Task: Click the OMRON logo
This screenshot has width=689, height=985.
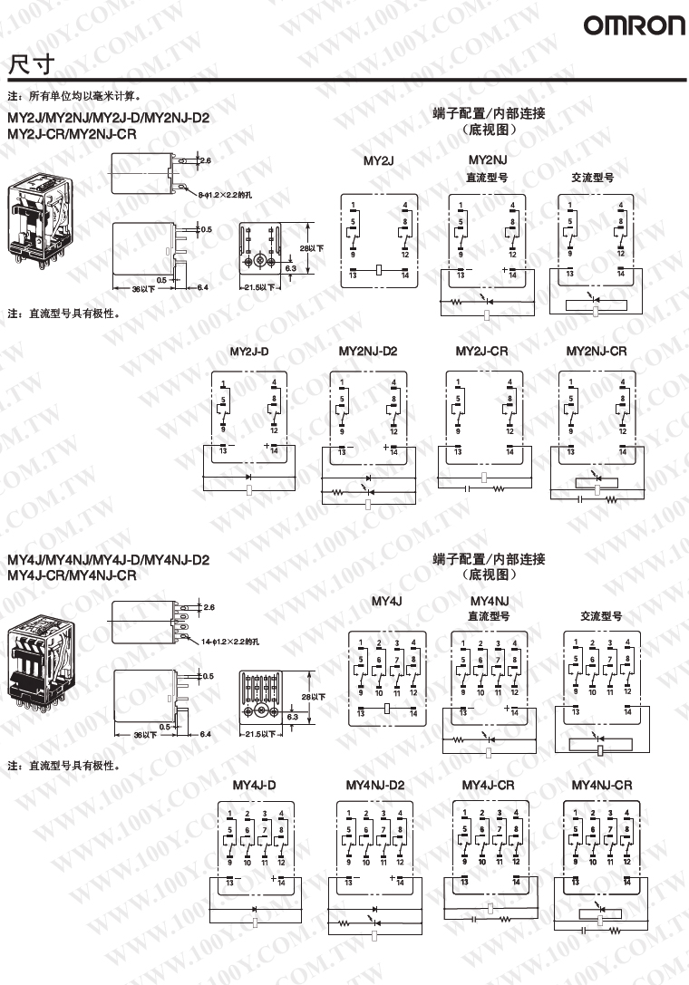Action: point(634,26)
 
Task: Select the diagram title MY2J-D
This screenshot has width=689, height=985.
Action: point(249,351)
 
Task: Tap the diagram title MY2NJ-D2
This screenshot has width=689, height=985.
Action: point(368,351)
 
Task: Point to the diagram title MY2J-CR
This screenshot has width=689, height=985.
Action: point(482,351)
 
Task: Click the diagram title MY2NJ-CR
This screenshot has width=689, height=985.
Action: point(597,351)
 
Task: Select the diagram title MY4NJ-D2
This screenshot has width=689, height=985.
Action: point(375,785)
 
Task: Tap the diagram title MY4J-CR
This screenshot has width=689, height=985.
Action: point(488,785)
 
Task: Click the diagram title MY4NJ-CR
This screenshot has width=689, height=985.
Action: point(602,785)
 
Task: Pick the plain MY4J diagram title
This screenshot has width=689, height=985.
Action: point(386,601)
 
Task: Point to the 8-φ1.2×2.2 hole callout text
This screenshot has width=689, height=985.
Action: point(232,193)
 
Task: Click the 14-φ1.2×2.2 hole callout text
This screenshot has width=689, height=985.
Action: point(237,641)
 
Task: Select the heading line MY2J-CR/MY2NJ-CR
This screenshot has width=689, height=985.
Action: point(72,134)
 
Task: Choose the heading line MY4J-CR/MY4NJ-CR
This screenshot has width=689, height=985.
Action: point(72,575)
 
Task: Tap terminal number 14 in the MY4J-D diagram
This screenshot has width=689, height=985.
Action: point(285,881)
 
